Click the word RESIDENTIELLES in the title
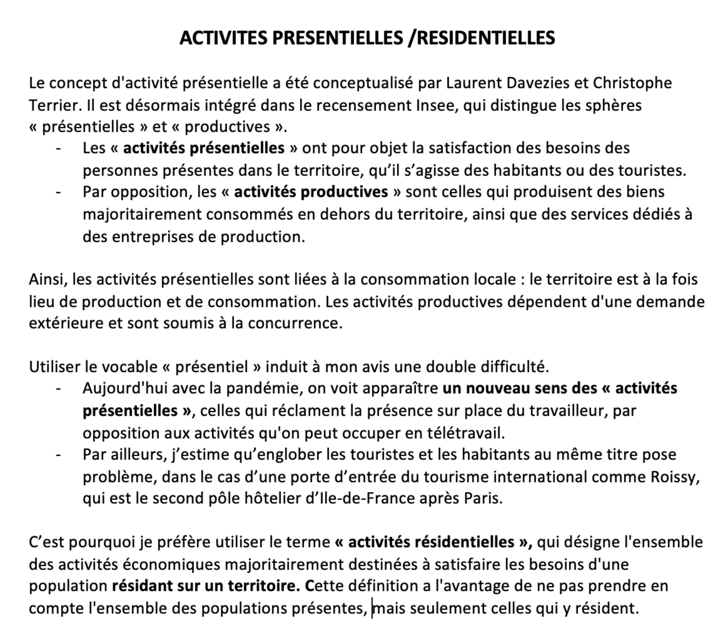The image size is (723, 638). (486, 38)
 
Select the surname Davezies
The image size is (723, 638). (538, 83)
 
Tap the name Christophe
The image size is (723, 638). (632, 83)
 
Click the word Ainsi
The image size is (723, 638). (48, 279)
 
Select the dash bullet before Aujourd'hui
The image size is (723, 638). (58, 389)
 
